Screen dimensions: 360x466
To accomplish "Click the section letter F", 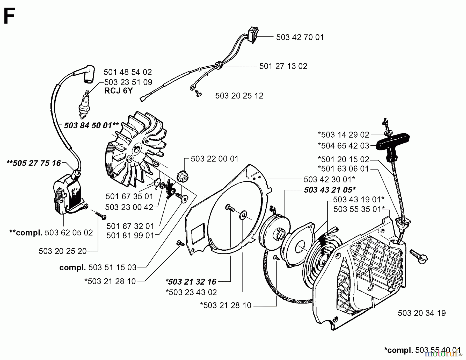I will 9,16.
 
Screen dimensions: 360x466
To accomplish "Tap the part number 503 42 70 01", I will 300,37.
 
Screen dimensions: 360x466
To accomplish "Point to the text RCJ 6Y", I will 118,91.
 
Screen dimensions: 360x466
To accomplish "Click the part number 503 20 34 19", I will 422,313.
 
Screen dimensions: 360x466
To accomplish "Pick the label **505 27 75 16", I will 34,163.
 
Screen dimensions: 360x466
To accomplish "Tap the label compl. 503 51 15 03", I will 98,267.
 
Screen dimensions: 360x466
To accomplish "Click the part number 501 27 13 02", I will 283,66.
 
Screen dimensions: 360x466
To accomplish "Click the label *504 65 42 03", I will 343,146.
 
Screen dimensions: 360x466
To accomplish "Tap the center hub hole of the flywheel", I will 137,150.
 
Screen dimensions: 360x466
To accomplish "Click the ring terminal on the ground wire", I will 192,87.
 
